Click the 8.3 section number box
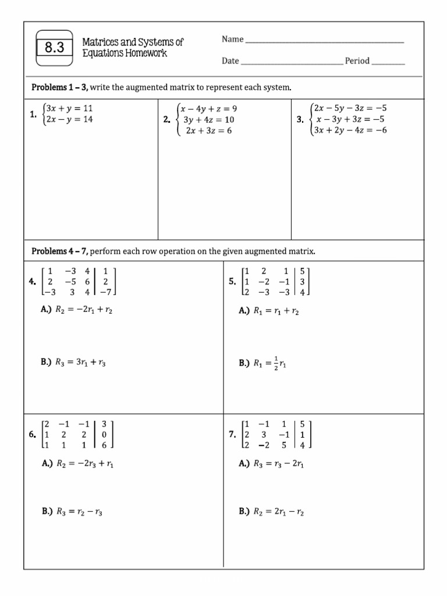pos(54,48)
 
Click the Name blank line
pos(324,41)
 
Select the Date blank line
pos(292,63)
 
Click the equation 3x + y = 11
pos(69,108)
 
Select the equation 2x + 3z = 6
pos(208,131)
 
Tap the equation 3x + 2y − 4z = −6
pos(350,130)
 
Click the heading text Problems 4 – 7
pos(59,251)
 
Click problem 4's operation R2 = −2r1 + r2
pos(84,311)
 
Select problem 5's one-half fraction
pos(275,363)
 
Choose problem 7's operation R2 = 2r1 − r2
pos(279,512)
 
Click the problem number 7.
pos(232,435)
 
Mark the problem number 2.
pos(166,120)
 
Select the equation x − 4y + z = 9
pos(208,109)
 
